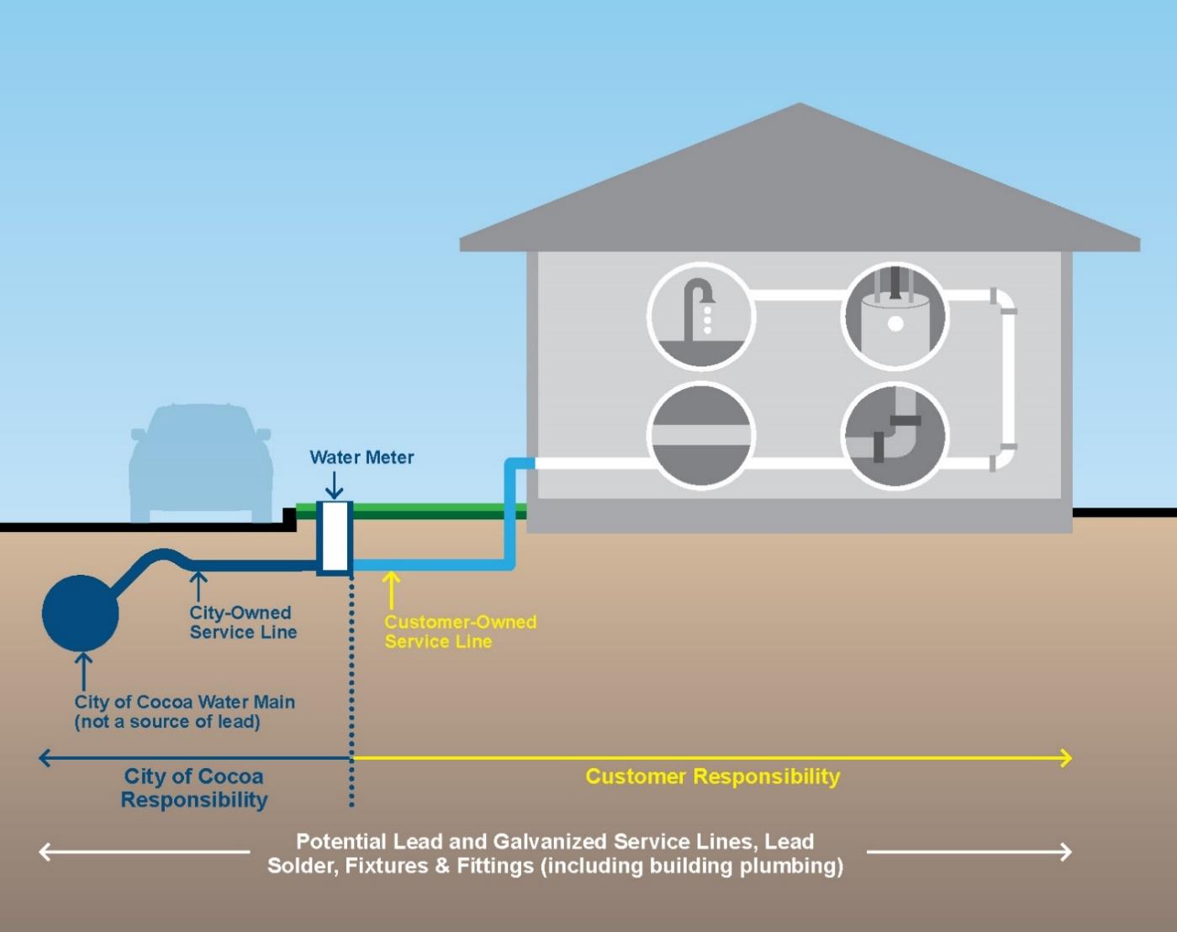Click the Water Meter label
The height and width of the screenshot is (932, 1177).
[x=362, y=457]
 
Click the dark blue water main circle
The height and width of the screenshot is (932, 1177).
[x=80, y=613]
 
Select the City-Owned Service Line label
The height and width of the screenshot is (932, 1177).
[x=243, y=623]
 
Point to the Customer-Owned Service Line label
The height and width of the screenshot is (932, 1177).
[x=460, y=632]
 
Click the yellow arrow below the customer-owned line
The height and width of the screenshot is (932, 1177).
[x=391, y=589]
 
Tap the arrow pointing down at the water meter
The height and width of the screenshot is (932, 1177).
[x=335, y=486]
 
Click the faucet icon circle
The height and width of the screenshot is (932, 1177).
[x=701, y=316]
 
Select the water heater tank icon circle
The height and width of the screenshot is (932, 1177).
[x=895, y=316]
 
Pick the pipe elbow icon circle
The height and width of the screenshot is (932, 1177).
[x=895, y=435]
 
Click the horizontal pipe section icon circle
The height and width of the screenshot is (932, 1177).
[x=701, y=435]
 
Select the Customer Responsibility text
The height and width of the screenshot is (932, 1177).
[x=712, y=777]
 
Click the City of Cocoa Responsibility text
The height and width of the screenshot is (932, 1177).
[x=193, y=787]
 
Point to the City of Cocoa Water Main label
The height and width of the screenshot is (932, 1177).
[x=184, y=712]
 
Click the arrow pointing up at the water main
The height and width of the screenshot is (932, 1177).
[x=82, y=671]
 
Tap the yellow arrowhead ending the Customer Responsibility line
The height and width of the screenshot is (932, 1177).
[x=1065, y=758]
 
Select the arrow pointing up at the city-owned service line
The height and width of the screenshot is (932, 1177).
[x=198, y=587]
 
